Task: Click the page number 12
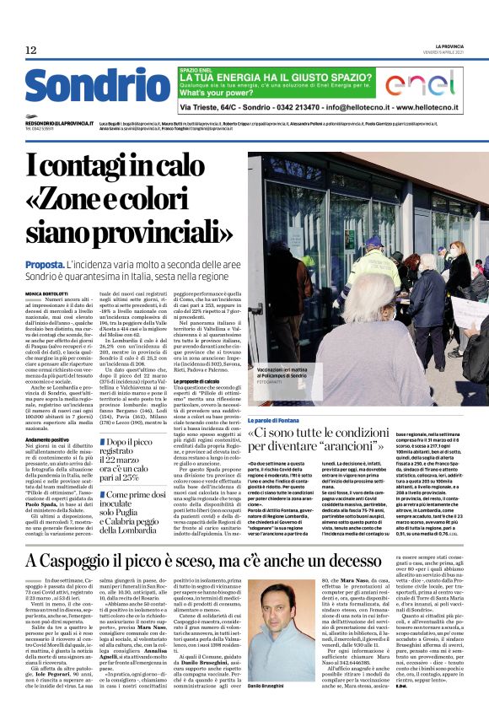[30, 51]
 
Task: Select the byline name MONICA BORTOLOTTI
[50, 293]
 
